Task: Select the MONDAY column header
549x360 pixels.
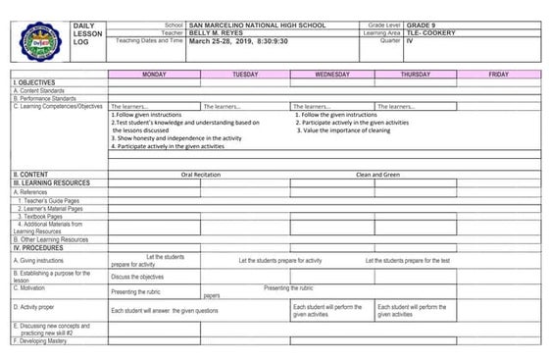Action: (154, 75)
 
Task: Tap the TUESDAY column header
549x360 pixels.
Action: (245, 75)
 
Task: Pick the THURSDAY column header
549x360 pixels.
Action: (415, 75)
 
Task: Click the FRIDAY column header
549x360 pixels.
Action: (498, 75)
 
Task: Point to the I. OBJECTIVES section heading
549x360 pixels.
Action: (33, 83)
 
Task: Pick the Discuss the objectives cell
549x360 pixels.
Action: (137, 277)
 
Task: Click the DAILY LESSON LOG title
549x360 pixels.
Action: (86, 33)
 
